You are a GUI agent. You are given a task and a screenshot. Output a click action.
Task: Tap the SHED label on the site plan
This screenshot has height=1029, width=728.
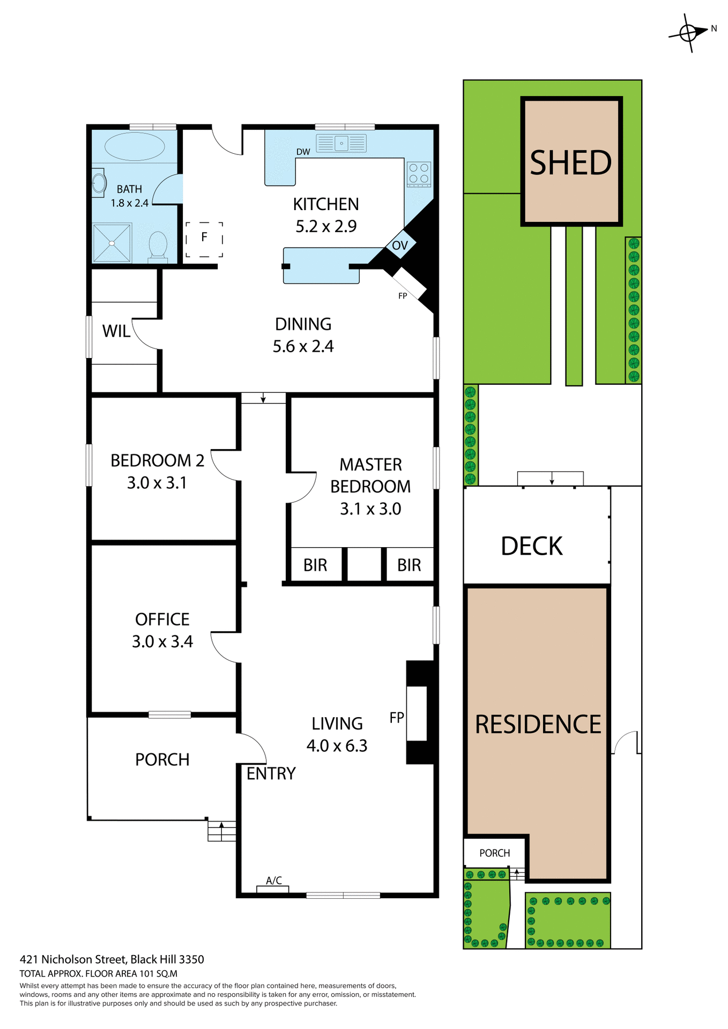coord(570,163)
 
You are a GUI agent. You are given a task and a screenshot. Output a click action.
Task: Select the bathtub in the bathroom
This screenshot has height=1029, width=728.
coord(134,146)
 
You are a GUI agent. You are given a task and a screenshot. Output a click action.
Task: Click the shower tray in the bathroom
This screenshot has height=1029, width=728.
coord(112,243)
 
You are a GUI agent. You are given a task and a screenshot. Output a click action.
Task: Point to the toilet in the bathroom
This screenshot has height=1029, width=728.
coord(158,246)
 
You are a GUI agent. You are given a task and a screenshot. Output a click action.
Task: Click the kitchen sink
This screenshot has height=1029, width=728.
coord(341,143)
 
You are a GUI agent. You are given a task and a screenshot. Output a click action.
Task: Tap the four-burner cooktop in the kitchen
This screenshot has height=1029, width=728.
coord(419,174)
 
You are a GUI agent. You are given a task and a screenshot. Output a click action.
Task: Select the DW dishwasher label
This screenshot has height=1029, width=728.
coord(303,152)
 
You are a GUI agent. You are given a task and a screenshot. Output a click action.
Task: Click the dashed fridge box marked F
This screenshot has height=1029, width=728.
coord(204,239)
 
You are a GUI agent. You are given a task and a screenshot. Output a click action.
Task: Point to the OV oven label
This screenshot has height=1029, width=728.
coord(400,245)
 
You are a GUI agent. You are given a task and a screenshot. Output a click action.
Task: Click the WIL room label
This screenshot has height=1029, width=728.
coord(116,331)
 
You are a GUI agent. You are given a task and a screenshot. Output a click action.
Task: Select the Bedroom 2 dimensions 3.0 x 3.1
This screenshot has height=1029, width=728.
coord(157,483)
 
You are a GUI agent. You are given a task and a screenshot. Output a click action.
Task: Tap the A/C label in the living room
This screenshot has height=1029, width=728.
coord(274,880)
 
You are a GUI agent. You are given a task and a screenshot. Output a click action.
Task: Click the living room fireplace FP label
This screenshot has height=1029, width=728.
coord(397,718)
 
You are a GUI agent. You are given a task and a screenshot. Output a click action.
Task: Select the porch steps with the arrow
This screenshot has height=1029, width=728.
coord(221,831)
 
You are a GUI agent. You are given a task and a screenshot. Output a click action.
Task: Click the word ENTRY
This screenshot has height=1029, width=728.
coord(271,773)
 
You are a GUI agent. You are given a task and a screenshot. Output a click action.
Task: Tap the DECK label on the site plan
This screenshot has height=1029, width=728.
coord(531,546)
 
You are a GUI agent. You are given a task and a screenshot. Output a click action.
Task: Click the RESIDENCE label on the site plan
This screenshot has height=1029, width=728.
coord(538,724)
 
